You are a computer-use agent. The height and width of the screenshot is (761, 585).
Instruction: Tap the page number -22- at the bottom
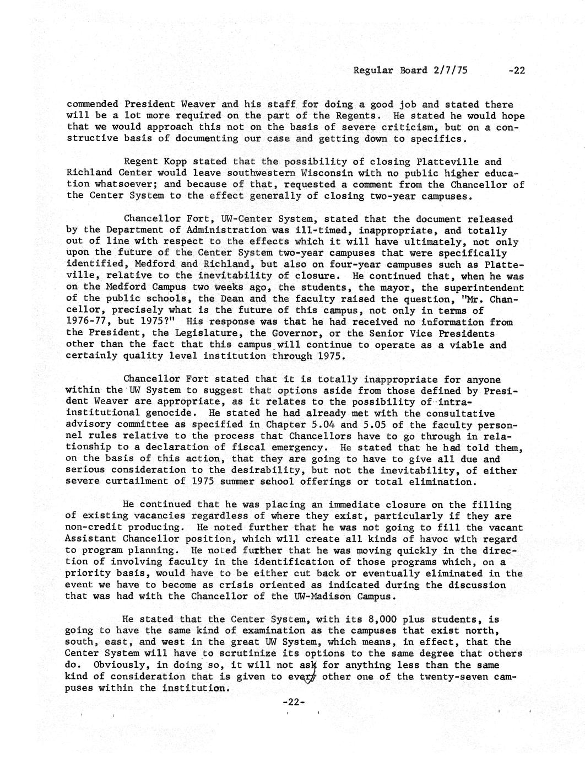pos(293,702)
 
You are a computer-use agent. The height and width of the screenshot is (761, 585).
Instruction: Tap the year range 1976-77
pos(88,321)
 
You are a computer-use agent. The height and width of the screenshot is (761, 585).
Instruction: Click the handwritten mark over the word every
pos(315,678)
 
